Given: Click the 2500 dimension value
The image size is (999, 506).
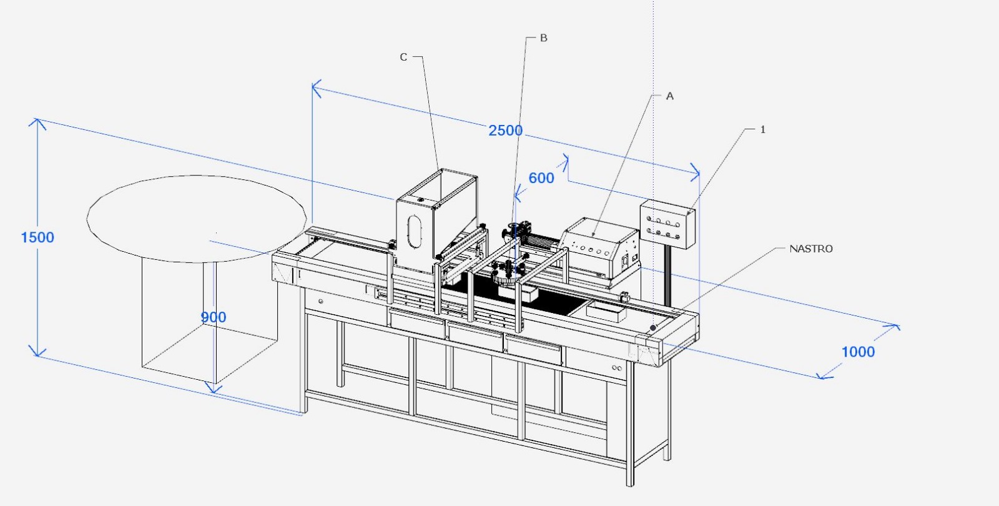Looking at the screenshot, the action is pos(505,131).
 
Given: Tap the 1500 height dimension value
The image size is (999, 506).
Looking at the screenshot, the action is pos(37,237).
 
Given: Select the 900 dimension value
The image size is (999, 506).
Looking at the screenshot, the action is pos(213,317).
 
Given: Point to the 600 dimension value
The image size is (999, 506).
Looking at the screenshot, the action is pos(541,178).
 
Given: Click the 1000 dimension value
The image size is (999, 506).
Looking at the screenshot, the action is pos(858,352).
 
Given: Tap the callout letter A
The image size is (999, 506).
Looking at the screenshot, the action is pos(669,96).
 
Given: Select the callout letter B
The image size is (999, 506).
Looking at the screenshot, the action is pos(544,38).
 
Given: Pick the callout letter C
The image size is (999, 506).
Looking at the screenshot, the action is pos(403,57).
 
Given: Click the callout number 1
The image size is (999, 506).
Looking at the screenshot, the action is pos(762,129).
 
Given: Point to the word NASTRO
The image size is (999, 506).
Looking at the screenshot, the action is pos(811,249).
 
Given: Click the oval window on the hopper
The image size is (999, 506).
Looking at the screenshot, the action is pos(415,231).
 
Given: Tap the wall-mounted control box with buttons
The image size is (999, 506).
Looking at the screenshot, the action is pos(667,224).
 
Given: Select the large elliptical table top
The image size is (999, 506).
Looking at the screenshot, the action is pos(197,219).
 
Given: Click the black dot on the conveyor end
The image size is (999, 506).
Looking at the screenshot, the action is pos(653,328).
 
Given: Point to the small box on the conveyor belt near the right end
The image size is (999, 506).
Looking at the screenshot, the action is pos(606,312).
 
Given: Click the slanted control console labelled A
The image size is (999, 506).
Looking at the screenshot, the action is pos(599,251).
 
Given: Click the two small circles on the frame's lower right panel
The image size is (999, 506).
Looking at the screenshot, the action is pos(617,368).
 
